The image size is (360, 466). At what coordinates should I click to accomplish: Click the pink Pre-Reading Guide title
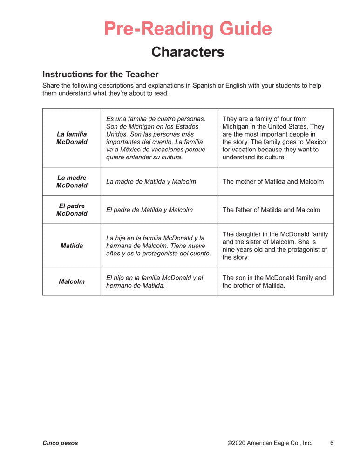(188, 29)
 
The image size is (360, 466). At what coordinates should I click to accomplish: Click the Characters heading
(188, 52)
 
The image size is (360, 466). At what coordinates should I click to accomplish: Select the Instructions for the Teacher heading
(100, 75)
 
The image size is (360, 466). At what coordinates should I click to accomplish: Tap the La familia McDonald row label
(72, 138)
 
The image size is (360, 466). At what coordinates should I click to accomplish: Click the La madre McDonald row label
(72, 181)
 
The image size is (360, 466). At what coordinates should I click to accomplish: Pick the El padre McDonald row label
(72, 210)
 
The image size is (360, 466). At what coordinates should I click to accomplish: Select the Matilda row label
(72, 246)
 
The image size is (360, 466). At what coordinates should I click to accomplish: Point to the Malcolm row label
(72, 281)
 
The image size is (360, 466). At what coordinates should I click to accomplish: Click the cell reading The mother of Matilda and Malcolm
(273, 182)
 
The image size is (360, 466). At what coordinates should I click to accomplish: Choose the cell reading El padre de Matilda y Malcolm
(149, 210)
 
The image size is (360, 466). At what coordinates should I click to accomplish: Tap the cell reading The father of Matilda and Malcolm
(271, 210)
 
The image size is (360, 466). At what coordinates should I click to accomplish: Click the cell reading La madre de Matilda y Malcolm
(151, 182)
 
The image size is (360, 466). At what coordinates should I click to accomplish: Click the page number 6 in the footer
(332, 443)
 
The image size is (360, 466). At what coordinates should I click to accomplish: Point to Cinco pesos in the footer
(60, 443)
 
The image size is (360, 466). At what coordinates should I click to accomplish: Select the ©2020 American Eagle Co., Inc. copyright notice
(270, 443)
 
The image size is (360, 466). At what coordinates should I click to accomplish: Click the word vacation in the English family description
(245, 150)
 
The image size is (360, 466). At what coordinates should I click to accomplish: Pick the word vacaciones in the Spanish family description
(175, 150)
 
